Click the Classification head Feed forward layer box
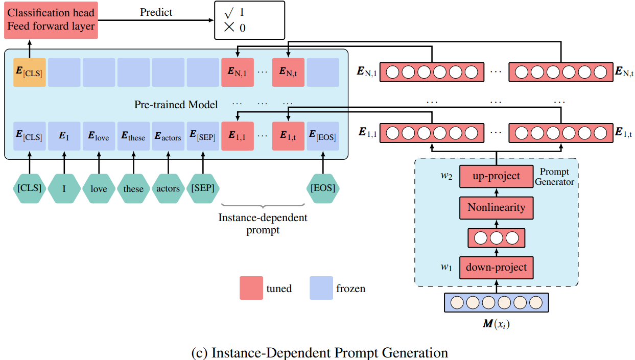51,19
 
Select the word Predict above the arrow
156,12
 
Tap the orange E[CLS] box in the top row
29,72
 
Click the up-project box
496,176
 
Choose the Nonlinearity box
496,208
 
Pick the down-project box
496,267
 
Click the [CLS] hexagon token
29,188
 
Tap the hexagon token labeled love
99,188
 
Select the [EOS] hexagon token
323,188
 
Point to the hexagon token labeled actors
168,188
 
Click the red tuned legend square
251,288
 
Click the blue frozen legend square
321,288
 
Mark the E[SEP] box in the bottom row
203,136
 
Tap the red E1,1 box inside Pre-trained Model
238,136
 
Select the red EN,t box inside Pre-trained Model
288,72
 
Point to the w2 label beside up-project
448,176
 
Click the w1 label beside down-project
448,267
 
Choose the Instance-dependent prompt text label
263,224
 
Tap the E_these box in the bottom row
133,136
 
